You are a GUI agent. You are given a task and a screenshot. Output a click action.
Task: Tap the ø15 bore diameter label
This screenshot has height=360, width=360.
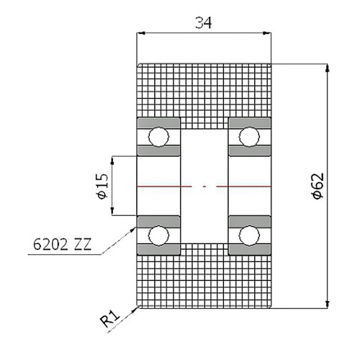coord(102,186)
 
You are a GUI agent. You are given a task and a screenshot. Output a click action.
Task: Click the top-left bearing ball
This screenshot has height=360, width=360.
coord(158,136)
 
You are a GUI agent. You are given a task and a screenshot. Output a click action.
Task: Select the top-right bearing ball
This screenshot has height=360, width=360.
coord(249,136)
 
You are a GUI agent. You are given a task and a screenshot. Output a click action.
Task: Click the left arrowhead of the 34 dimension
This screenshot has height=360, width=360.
coord(141,33)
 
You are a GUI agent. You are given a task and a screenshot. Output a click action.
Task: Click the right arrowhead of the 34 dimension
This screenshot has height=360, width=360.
coord(274,33)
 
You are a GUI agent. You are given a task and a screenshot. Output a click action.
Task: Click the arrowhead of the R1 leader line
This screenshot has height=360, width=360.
coord(136,308)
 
